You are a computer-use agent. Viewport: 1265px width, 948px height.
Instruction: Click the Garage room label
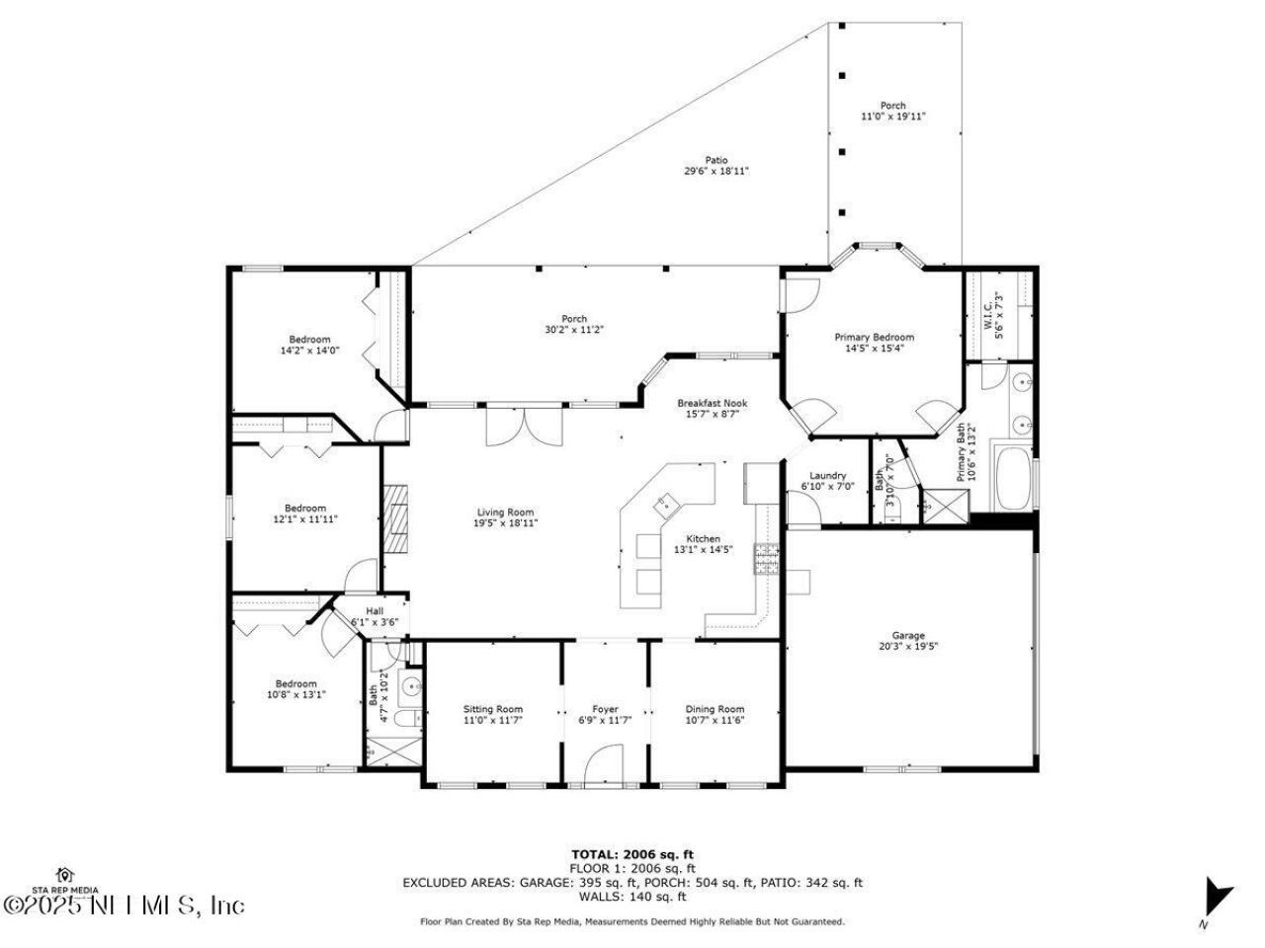coord(908,635)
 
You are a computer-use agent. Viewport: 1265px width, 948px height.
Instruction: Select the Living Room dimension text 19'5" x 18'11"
coord(505,523)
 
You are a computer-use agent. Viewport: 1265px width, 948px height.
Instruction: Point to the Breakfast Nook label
coord(712,403)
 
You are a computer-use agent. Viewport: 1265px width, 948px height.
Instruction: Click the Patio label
coord(716,160)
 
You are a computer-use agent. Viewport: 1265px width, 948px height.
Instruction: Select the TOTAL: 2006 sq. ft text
coord(632,854)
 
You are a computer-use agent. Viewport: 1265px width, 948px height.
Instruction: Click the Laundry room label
coord(827,475)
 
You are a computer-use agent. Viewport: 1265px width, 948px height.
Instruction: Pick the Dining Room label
coord(715,709)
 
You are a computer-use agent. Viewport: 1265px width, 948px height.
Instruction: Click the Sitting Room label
coord(493,709)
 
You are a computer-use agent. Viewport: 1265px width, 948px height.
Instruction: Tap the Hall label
coord(375,611)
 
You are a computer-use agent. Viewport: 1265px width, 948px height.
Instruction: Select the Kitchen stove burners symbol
coord(768,559)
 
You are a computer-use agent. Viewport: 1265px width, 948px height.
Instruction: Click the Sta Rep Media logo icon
coord(66,875)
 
